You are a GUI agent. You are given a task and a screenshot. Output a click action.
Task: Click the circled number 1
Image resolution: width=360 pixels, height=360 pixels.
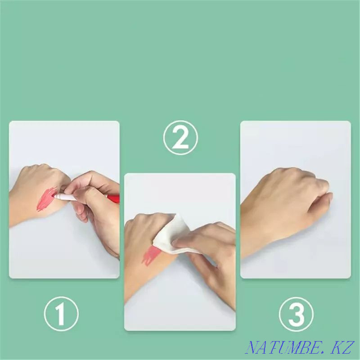click(x=61, y=314)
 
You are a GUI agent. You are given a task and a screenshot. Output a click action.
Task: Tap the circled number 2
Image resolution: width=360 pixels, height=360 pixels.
click(x=180, y=138)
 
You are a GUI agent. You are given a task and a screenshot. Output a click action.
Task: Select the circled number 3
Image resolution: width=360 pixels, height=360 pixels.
click(x=296, y=314)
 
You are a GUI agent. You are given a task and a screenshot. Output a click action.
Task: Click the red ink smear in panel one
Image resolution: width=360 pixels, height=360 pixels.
click(x=46, y=199)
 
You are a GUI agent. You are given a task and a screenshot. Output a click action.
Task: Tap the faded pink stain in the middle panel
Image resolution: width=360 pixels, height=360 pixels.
click(x=150, y=255)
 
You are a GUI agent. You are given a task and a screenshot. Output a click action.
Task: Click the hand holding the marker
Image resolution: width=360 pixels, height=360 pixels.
click(x=94, y=207)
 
